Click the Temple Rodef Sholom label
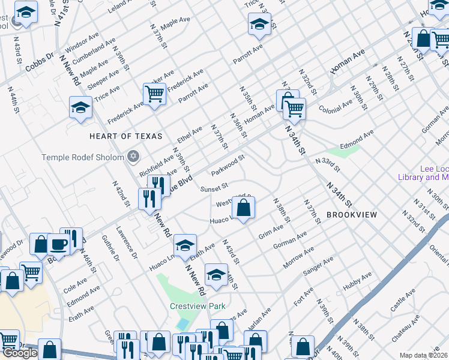point(82,157)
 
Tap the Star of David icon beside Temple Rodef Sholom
point(133,157)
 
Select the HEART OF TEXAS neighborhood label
point(125,136)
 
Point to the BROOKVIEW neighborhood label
point(351,214)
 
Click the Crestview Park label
point(197,306)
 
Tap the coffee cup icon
point(58,244)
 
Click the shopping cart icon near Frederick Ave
point(154,94)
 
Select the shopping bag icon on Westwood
point(244,208)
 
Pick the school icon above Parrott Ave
point(259,24)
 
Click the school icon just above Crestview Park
point(216,275)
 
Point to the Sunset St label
point(214,188)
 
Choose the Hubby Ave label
point(357,287)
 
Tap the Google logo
point(20,353)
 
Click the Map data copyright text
point(423,355)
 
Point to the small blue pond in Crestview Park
point(182,325)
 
